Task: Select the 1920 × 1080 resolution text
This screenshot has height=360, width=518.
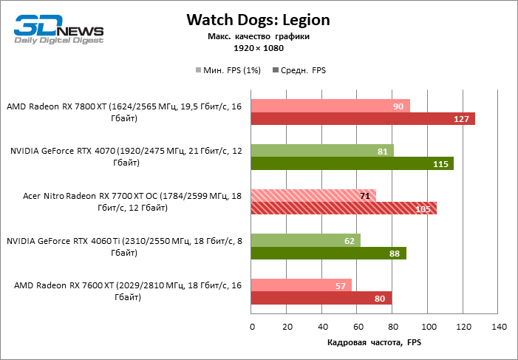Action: [258, 48]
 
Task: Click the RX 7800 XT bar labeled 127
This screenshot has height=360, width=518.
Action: [363, 119]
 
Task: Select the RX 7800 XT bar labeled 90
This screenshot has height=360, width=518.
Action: [330, 106]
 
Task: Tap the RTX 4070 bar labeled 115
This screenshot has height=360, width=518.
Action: [352, 164]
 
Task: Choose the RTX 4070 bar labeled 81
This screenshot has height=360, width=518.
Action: [322, 151]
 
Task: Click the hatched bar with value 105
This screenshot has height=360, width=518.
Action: [344, 208]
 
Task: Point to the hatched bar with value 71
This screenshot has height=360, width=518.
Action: [313, 195]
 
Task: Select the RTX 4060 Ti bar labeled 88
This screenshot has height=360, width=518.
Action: [329, 254]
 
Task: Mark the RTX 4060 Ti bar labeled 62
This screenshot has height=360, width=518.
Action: [306, 240]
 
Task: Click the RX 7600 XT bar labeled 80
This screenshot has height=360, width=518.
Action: [321, 298]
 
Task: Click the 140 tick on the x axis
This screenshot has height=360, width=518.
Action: [498, 327]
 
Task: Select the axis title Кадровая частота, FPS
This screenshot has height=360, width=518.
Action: [373, 344]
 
